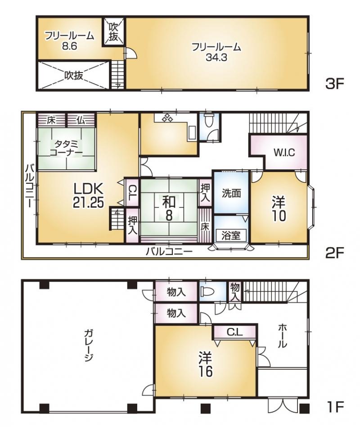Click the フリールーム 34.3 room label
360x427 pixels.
[x=216, y=52]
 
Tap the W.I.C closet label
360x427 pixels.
[x=284, y=153]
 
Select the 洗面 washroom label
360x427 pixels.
[x=231, y=193]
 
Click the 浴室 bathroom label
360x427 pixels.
[x=231, y=235]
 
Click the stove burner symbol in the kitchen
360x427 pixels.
[x=167, y=118]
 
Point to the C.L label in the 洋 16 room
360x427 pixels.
[x=234, y=333]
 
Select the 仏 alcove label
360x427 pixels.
[x=81, y=120]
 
